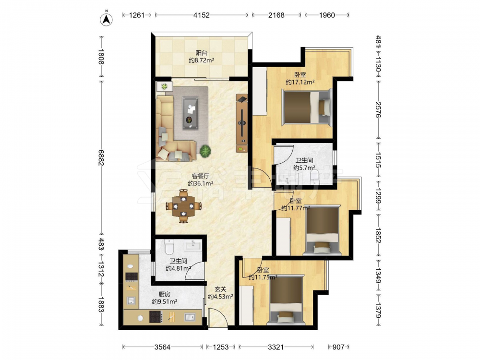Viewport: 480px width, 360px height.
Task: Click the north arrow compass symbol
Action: (x=106, y=19)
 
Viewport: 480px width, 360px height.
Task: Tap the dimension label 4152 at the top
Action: (x=202, y=15)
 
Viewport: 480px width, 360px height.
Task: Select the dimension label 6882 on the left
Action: (x=101, y=157)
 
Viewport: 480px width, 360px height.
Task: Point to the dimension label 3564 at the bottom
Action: (x=162, y=347)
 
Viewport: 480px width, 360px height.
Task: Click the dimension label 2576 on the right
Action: (x=378, y=109)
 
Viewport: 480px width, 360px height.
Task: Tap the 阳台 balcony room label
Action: (x=201, y=53)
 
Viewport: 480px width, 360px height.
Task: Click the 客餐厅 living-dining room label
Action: (x=200, y=176)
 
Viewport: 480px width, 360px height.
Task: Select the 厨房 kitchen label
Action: (x=164, y=294)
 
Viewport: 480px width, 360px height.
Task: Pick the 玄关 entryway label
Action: (x=220, y=289)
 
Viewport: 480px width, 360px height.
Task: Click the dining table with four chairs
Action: (x=184, y=206)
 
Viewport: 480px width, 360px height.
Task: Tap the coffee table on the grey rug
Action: (x=191, y=113)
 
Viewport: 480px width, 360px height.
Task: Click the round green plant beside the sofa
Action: (x=206, y=151)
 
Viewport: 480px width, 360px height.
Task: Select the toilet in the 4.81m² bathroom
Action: (x=169, y=247)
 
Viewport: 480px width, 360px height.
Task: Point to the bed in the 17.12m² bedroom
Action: (x=307, y=107)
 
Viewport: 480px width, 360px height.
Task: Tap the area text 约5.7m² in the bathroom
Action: (x=304, y=168)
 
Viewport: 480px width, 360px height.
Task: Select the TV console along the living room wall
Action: (x=242, y=123)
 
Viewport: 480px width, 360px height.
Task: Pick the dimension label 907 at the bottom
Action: (x=338, y=347)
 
